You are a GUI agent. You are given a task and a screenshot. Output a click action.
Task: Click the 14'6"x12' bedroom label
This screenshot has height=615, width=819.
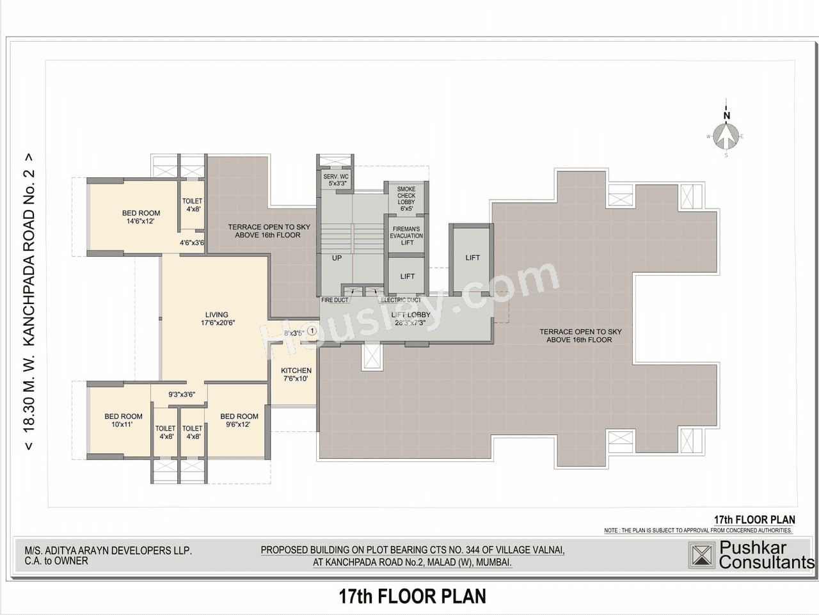(141, 217)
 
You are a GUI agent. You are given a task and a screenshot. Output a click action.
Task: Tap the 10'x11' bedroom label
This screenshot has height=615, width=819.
(123, 420)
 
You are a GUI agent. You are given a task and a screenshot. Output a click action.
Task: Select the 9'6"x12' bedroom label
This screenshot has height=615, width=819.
(239, 420)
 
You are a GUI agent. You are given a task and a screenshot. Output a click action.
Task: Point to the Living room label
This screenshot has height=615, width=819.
(217, 319)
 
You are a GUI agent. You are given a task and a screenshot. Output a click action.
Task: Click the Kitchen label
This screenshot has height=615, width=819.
(296, 374)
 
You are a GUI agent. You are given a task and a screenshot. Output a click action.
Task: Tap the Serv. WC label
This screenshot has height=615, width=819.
(336, 180)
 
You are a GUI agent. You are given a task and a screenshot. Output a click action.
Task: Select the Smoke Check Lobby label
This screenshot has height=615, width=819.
(406, 198)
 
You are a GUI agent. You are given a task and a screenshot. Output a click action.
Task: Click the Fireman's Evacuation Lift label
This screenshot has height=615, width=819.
(406, 236)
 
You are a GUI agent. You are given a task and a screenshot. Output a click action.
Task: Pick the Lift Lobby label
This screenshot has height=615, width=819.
(410, 319)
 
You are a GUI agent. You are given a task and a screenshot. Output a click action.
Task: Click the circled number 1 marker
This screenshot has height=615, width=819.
(312, 331)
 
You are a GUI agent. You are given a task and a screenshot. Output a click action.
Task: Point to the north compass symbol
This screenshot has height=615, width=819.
(726, 135)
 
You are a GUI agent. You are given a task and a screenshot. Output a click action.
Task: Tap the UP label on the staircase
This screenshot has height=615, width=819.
(337, 258)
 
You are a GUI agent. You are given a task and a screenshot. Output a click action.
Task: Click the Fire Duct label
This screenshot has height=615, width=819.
(335, 300)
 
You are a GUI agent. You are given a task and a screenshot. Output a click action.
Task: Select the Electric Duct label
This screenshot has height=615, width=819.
(401, 300)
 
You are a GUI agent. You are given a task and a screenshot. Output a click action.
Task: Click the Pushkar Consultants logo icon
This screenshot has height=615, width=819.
(701, 555)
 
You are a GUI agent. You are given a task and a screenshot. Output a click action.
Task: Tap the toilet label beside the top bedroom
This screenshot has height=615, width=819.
(192, 205)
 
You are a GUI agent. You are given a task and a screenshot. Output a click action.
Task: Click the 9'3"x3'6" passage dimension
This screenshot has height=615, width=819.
(182, 395)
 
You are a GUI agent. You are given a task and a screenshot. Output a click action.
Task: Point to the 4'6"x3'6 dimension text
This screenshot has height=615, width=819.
(192, 243)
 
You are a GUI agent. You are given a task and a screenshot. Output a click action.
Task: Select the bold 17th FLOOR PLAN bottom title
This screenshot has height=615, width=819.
(412, 596)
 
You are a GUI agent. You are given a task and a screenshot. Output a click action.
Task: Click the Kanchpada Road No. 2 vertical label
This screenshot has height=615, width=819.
(29, 301)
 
